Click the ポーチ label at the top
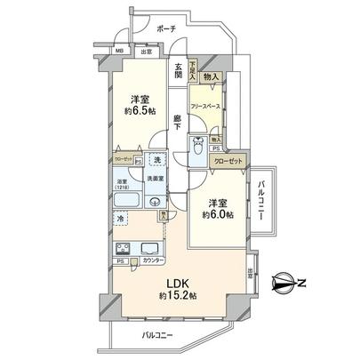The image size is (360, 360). pyautogui.click(x=166, y=28)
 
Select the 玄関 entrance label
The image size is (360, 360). pyautogui.click(x=178, y=70)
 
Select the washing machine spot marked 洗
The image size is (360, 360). pyautogui.click(x=157, y=161)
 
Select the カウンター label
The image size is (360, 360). pyautogui.click(x=153, y=262)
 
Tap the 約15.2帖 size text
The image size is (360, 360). pyautogui.click(x=177, y=295)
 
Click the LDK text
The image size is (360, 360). pyautogui.click(x=177, y=282)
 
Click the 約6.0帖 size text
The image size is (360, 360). pyautogui.click(x=218, y=216)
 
